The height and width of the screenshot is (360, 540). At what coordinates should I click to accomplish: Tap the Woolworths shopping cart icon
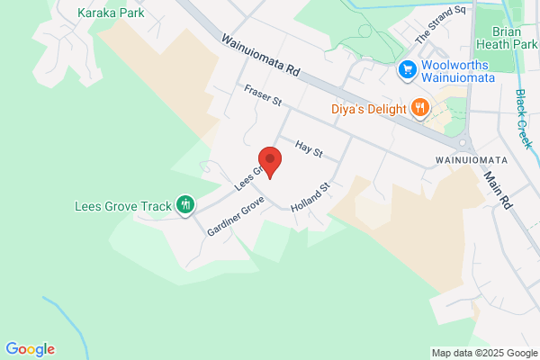click(x=407, y=69)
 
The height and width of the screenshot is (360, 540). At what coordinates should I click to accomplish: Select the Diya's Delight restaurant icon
click(x=419, y=109)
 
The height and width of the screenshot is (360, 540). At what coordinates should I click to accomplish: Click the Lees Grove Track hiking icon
click(x=185, y=206)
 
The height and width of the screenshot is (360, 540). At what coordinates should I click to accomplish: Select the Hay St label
click(x=309, y=148)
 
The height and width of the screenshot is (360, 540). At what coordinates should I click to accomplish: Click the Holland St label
click(x=311, y=199)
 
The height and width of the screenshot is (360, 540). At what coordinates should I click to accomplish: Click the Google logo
click(x=30, y=349)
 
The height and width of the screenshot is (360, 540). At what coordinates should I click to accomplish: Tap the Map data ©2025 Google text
click(x=481, y=352)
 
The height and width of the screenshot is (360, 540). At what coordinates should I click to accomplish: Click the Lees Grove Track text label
click(x=122, y=206)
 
